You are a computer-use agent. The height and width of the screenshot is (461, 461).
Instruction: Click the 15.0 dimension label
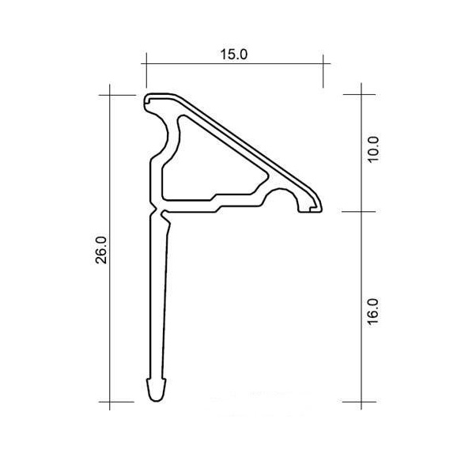(234, 55)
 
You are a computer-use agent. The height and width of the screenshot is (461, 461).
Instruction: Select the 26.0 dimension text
(102, 250)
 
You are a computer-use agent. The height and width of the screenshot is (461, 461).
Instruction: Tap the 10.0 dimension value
(374, 150)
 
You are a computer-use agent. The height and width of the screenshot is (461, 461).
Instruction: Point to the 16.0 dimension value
(374, 312)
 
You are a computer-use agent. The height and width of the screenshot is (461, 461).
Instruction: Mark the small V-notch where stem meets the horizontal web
(156, 211)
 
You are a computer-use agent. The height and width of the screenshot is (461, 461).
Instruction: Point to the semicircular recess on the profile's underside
(281, 193)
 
